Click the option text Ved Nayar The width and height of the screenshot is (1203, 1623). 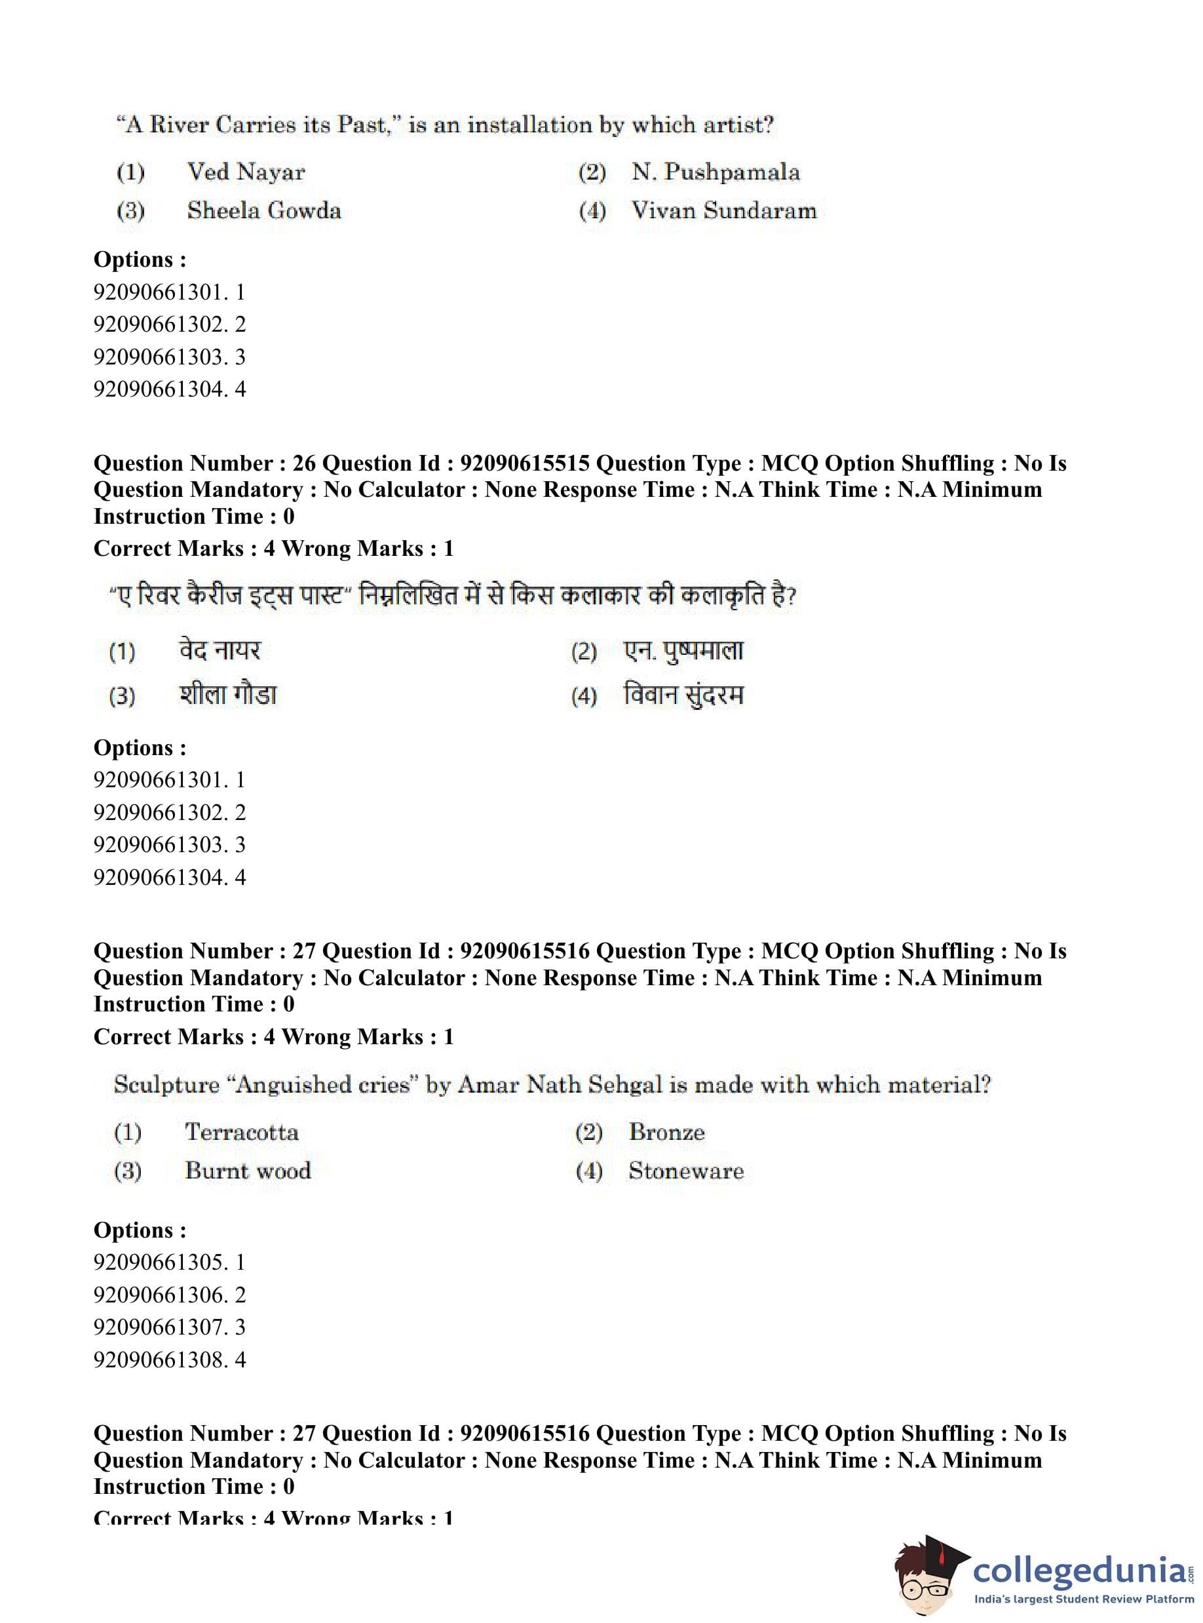(246, 172)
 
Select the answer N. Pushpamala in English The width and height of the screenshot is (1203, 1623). (715, 172)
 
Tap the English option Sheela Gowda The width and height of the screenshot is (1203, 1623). (263, 210)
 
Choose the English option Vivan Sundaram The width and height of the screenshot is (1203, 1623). (723, 210)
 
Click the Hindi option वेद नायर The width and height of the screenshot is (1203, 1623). (220, 650)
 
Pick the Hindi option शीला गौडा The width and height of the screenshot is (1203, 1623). (228, 694)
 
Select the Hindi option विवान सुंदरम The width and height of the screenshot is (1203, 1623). (683, 694)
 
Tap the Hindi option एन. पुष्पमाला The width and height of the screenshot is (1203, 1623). (683, 650)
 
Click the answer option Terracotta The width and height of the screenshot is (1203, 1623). (241, 1132)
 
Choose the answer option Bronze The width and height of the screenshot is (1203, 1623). (666, 1132)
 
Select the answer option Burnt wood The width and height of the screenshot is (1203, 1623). (248, 1171)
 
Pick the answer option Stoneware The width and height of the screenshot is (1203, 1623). (686, 1171)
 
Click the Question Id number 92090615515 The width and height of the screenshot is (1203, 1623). (524, 463)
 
